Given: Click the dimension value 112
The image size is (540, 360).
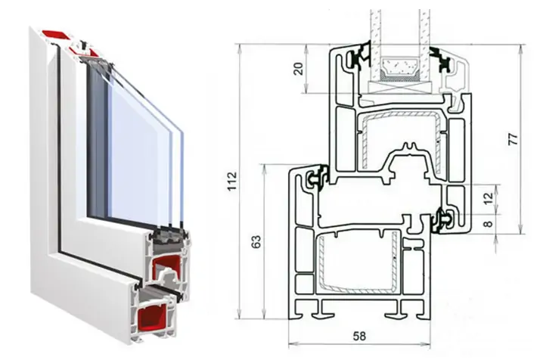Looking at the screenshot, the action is [232, 181].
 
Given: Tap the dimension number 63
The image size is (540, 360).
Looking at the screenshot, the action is [256, 242].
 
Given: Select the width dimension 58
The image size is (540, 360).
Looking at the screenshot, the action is [358, 336].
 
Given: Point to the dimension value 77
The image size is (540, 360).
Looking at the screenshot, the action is [513, 138].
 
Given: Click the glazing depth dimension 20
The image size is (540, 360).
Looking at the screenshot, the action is [299, 69].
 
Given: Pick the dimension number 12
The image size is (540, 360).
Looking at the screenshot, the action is [489, 199].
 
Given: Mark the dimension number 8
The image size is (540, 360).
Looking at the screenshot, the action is [489, 224].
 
